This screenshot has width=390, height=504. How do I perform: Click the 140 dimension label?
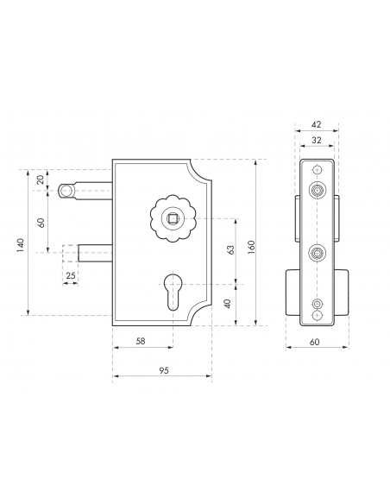[x=20, y=245]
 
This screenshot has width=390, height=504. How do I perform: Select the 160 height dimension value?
[x=252, y=247]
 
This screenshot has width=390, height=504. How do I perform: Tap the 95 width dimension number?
[x=164, y=370]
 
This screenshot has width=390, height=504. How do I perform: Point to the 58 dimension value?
[x=141, y=341]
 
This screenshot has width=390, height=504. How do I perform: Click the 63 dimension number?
[x=230, y=250]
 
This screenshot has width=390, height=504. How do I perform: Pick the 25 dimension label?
[x=71, y=275]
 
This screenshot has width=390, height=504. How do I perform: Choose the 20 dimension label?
[x=41, y=180]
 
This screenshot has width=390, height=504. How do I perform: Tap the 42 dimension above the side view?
[x=317, y=124]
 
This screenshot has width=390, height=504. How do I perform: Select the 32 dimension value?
[x=317, y=140]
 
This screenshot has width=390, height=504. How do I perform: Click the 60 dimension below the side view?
[x=315, y=342]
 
